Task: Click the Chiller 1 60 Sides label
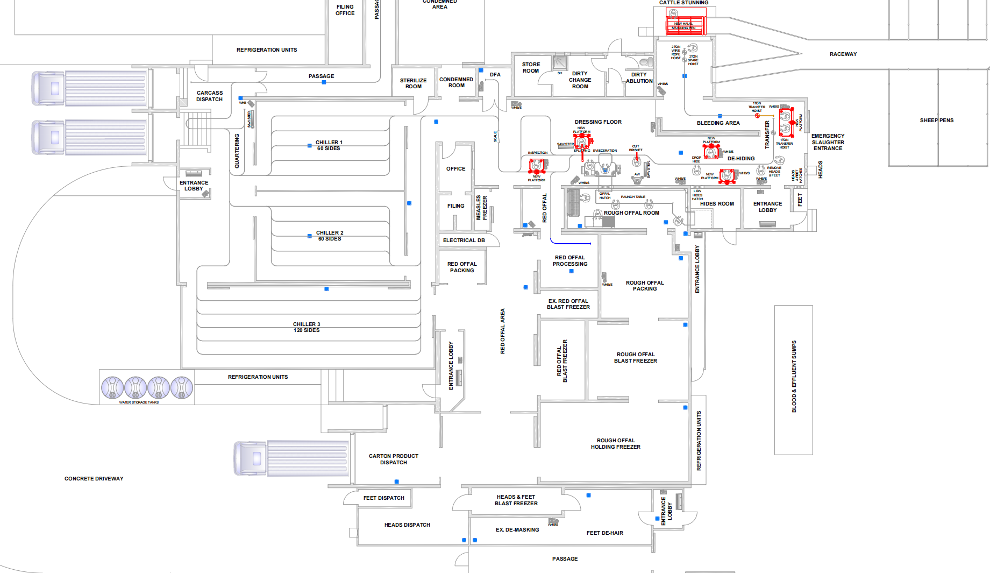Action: (x=329, y=145)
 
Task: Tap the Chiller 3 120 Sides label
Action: (x=307, y=327)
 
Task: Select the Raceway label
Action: (x=843, y=54)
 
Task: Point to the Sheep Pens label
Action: (x=936, y=121)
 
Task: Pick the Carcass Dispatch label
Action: (x=209, y=96)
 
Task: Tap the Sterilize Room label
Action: (x=413, y=83)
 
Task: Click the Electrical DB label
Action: (x=464, y=240)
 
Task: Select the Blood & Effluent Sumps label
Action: (x=794, y=377)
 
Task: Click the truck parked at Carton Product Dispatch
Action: (x=290, y=458)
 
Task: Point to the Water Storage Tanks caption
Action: (x=139, y=402)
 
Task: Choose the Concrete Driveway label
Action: (x=94, y=479)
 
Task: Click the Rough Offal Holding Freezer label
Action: (x=615, y=444)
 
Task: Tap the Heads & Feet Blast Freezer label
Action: (x=516, y=500)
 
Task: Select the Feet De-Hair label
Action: (x=604, y=533)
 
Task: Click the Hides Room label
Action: (x=716, y=204)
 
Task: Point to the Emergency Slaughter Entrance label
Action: (x=828, y=142)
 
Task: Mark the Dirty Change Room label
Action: (x=580, y=80)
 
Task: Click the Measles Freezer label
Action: (x=481, y=208)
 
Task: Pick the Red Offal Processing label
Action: (x=570, y=261)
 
